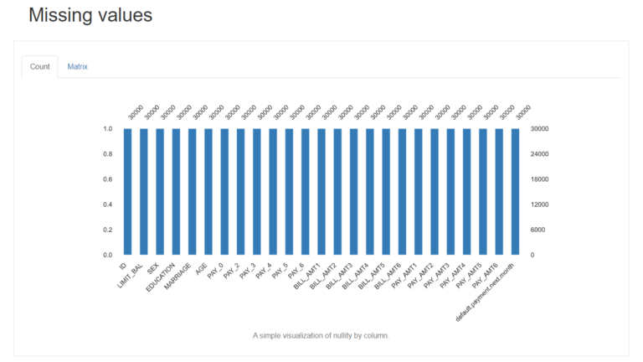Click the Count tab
39,66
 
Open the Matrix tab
78,66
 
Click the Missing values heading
90,15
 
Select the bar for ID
127,191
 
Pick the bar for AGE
208,191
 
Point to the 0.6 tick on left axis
108,179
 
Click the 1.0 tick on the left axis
108,129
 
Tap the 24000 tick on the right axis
540,154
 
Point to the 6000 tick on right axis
538,230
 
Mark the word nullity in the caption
332,335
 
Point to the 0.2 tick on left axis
108,230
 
